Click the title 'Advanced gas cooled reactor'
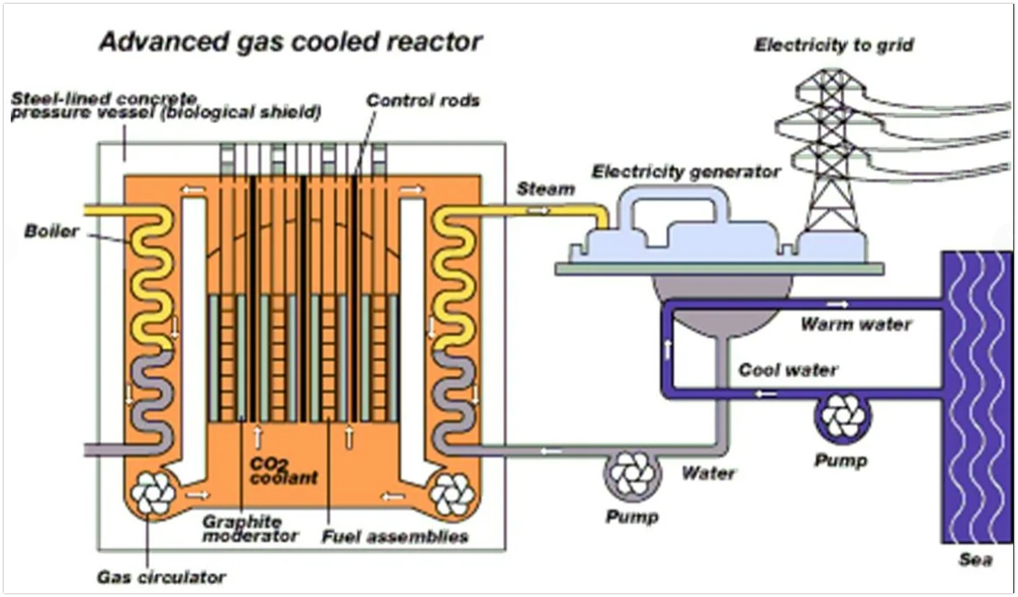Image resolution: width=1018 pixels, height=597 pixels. [x=291, y=41]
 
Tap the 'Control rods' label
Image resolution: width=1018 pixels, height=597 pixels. [x=423, y=101]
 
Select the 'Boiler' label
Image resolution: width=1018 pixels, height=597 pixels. [x=51, y=231]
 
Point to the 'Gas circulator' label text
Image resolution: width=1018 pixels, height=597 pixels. [x=162, y=576]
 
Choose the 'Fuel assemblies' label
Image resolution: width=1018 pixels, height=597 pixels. [x=395, y=537]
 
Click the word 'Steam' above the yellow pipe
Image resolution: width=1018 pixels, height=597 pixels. [x=545, y=189]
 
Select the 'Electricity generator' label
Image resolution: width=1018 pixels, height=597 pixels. [x=686, y=172]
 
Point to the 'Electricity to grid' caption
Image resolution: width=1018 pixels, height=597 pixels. [x=834, y=45]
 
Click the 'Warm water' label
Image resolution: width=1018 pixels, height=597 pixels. [x=855, y=324]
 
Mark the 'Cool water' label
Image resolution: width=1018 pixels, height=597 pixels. [x=788, y=370]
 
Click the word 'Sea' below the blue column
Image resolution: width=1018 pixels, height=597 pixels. [x=976, y=561]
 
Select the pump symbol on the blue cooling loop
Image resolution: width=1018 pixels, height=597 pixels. [x=843, y=417]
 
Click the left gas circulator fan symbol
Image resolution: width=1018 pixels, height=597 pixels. [x=152, y=492]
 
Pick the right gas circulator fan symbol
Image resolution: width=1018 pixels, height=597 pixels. [x=452, y=494]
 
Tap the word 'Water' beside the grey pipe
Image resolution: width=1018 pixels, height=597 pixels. [x=708, y=473]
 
